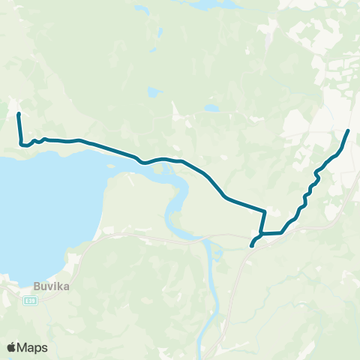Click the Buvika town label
49,285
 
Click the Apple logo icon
12,347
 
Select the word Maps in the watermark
33,347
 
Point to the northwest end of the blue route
19,114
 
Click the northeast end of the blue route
348,131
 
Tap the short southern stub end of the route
251,244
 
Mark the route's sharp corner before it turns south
265,211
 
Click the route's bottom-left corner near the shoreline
22,143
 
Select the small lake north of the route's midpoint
154,93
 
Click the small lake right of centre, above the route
212,108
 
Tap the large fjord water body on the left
37,202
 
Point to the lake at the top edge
206,4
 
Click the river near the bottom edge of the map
206,330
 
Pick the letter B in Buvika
37,285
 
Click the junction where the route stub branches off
262,234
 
